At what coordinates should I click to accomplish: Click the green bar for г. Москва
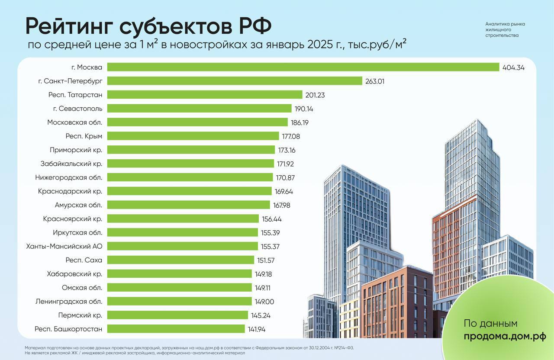point(303,67)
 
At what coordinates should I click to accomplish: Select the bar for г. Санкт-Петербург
point(234,81)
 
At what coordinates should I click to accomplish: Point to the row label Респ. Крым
point(84,136)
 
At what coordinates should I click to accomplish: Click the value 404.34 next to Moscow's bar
point(513,67)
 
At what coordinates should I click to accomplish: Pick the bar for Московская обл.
point(197,122)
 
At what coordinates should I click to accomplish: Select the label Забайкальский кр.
point(71,164)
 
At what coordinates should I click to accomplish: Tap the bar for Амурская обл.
point(189,205)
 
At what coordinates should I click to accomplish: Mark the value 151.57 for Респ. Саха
point(265,260)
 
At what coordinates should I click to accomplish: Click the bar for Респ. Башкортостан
point(176,329)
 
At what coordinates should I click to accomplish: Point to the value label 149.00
point(264,302)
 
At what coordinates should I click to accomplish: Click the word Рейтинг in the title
point(69,27)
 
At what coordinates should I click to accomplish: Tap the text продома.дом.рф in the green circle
point(505,336)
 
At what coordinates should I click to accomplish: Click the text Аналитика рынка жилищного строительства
point(505,30)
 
